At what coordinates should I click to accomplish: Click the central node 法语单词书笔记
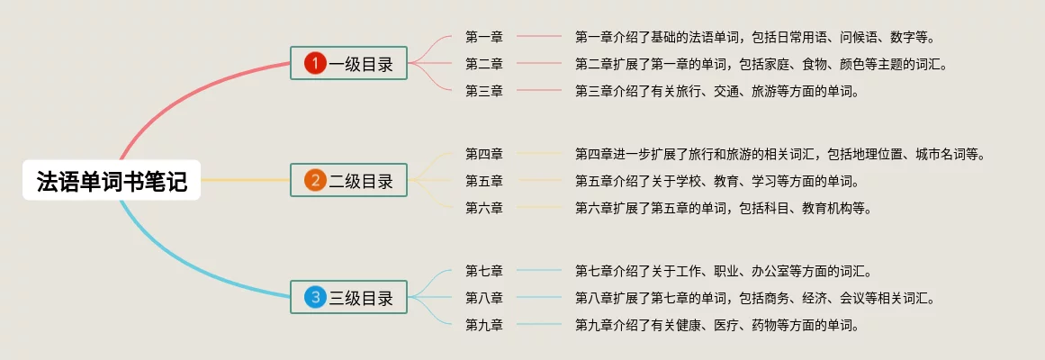click(x=112, y=182)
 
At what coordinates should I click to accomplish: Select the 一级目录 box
click(x=349, y=63)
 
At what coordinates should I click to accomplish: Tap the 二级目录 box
click(x=349, y=181)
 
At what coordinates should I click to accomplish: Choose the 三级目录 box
click(x=349, y=298)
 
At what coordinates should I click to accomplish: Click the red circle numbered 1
click(x=315, y=63)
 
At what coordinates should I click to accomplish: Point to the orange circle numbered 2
click(x=315, y=181)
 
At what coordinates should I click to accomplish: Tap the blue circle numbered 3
click(x=315, y=298)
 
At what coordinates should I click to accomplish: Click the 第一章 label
click(x=484, y=37)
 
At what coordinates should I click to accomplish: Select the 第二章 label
click(x=484, y=64)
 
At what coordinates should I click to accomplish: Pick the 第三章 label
click(x=484, y=91)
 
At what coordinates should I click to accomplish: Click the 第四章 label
click(x=484, y=154)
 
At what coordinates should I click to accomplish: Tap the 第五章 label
click(x=484, y=181)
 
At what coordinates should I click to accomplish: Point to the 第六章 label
click(x=484, y=208)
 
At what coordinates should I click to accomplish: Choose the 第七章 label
click(x=484, y=271)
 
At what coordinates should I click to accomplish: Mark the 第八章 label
click(x=484, y=298)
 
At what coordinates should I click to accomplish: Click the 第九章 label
click(x=484, y=325)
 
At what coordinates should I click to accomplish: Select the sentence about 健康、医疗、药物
click(x=716, y=325)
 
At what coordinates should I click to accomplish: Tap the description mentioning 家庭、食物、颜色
click(x=761, y=64)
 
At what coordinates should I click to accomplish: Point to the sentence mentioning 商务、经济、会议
click(x=754, y=298)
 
